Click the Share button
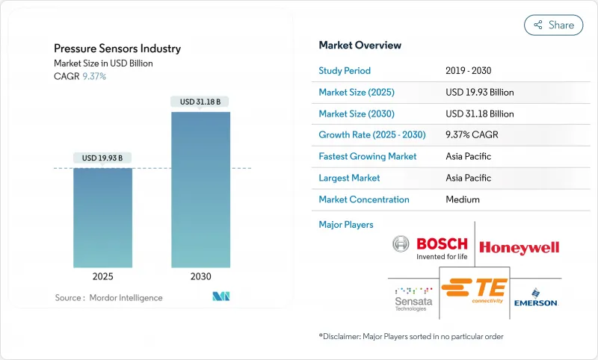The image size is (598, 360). pyautogui.click(x=554, y=25)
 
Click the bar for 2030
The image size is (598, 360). pyautogui.click(x=201, y=190)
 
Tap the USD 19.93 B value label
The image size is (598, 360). pyautogui.click(x=103, y=158)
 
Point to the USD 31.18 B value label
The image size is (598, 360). pyautogui.click(x=200, y=102)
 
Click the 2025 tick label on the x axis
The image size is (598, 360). pyautogui.click(x=103, y=276)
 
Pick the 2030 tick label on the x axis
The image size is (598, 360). pyautogui.click(x=201, y=276)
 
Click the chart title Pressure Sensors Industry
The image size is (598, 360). pyautogui.click(x=117, y=49)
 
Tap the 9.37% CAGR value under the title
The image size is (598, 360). pyautogui.click(x=93, y=76)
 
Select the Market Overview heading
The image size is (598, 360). pyautogui.click(x=360, y=45)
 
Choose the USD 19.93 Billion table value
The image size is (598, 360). pyautogui.click(x=479, y=93)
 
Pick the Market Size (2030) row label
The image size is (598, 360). pyautogui.click(x=357, y=114)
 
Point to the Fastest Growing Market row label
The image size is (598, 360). pyautogui.click(x=368, y=157)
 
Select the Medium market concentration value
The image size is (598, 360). pyautogui.click(x=462, y=199)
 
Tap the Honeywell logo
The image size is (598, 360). pyautogui.click(x=519, y=247)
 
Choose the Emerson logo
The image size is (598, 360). pyautogui.click(x=536, y=297)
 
